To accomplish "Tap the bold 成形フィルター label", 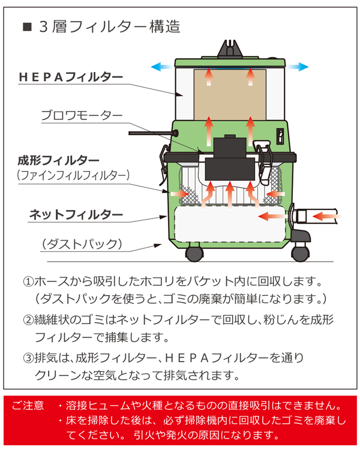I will point(59,160).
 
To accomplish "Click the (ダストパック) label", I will point(82,244).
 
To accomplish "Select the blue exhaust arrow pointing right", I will point(299,67).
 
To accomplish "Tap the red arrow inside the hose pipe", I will point(324,214).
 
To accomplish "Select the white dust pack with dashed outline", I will point(228,228).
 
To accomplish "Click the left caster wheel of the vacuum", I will point(194,253).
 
